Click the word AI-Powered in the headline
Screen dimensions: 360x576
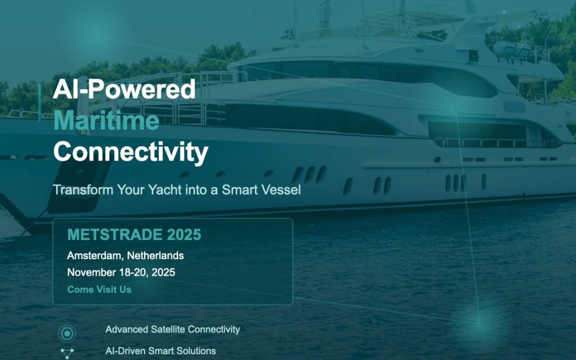(x=124, y=89)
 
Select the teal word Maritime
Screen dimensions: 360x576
(x=106, y=121)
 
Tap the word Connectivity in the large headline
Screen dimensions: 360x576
(x=131, y=152)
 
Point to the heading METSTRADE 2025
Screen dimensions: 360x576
(x=134, y=235)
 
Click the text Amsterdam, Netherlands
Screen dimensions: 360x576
(x=125, y=255)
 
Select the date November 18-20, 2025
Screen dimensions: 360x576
(x=121, y=273)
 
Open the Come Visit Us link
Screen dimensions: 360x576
(x=99, y=290)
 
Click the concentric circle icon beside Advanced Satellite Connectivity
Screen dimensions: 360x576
(x=67, y=334)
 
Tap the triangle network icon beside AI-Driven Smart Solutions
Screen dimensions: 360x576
(x=67, y=353)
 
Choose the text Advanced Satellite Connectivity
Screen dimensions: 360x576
(x=172, y=329)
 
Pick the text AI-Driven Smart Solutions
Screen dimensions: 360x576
(x=161, y=351)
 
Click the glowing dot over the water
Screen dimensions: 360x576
(x=478, y=322)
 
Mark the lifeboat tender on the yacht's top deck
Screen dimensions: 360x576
(x=512, y=50)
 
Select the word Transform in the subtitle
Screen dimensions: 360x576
(x=78, y=189)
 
